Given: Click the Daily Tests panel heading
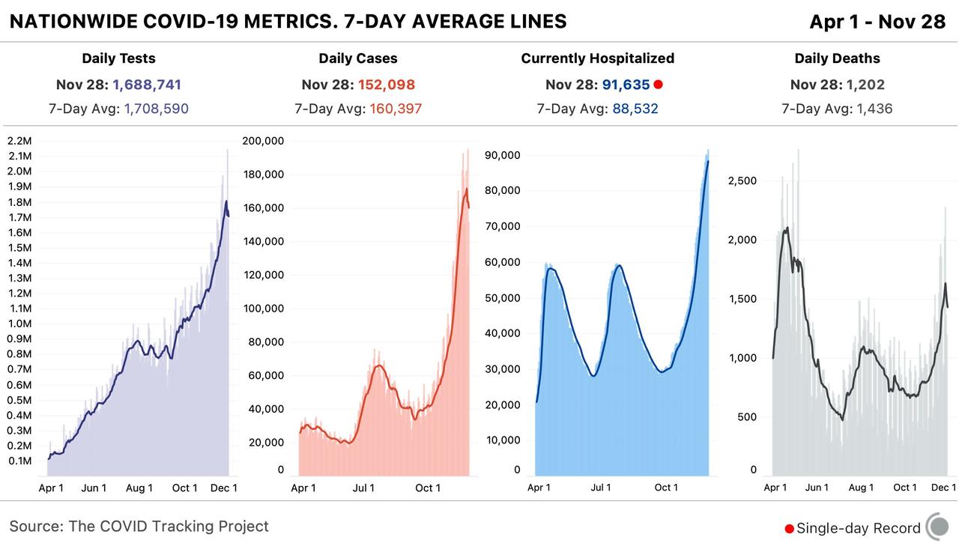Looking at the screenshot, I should (x=118, y=58).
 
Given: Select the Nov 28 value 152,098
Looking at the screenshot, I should (x=386, y=85).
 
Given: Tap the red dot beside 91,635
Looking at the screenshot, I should (x=658, y=85).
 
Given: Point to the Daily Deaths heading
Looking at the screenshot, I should (x=837, y=58).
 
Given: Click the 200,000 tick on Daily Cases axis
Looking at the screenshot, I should (x=264, y=141).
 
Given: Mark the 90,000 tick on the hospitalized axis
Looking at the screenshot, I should (x=503, y=156).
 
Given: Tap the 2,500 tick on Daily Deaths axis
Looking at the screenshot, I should (x=742, y=181).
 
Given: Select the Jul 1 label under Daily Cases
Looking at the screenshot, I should (x=363, y=488).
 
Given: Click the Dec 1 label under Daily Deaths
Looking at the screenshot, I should (x=943, y=488).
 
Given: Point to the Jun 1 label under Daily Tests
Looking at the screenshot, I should (x=94, y=488).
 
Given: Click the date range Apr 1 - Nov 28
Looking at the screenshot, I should (x=877, y=22).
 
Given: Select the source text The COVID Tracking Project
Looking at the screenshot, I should (x=169, y=527).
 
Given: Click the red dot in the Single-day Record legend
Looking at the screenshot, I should (x=789, y=529).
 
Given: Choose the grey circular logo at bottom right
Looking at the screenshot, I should (x=937, y=527).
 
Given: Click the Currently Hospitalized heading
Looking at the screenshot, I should (x=597, y=58).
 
